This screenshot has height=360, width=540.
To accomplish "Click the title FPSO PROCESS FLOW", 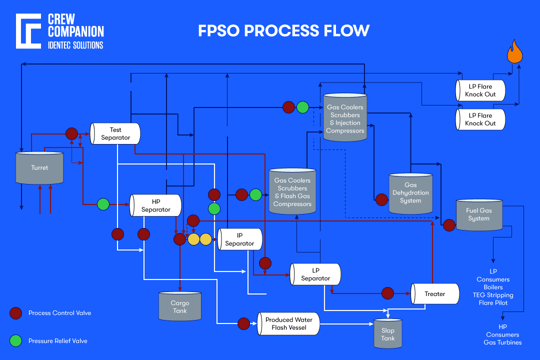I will pos(283,30).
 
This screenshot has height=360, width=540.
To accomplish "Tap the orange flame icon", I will pos(515,52).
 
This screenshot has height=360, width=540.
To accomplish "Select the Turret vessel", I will pos(39,167).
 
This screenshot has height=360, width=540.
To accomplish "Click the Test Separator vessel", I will pos(115,133).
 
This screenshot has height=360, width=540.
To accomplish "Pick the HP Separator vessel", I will pos(155,206).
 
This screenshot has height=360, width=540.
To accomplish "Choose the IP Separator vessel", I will pos(239,239).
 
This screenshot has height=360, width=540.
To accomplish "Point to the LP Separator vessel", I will pos(315,274).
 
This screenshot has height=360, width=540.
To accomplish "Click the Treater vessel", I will pos(435,294).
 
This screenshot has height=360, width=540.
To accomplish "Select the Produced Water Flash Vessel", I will pos(289,324).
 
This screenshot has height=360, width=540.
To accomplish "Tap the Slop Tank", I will pos(387,334).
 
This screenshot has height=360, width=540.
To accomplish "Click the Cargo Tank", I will pos(179,307).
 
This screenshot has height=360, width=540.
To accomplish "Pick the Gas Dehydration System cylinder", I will pos(410,192).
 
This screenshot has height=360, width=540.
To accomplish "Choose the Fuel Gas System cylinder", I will pos(479,214).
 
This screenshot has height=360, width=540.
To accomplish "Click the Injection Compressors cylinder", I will pos(345,117).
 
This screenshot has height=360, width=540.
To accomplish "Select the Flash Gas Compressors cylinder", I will pos(293,191).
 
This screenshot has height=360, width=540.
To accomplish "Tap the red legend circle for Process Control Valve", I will pos(16,313).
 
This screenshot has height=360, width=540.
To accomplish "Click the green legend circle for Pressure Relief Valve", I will pos(16,340).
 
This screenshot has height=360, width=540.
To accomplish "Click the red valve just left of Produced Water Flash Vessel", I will pos(243,324).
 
